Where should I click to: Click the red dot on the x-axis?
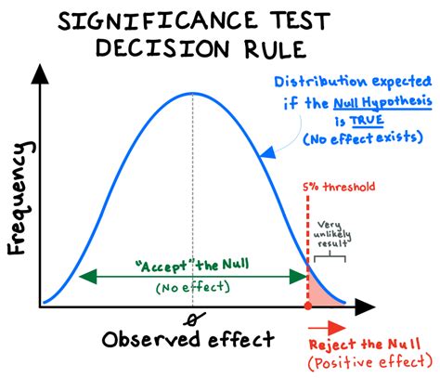pyautogui.click(x=307, y=306)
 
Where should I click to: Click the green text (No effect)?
pyautogui.click(x=194, y=289)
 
